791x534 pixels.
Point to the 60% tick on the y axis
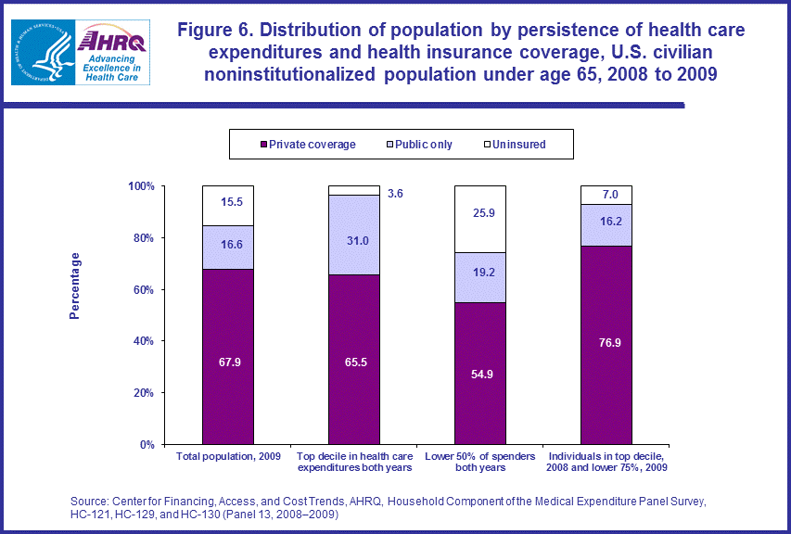(x=140, y=289)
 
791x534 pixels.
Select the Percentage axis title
(x=75, y=286)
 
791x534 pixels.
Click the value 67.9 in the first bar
(x=227, y=362)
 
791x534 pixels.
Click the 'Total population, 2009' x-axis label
(x=227, y=456)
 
